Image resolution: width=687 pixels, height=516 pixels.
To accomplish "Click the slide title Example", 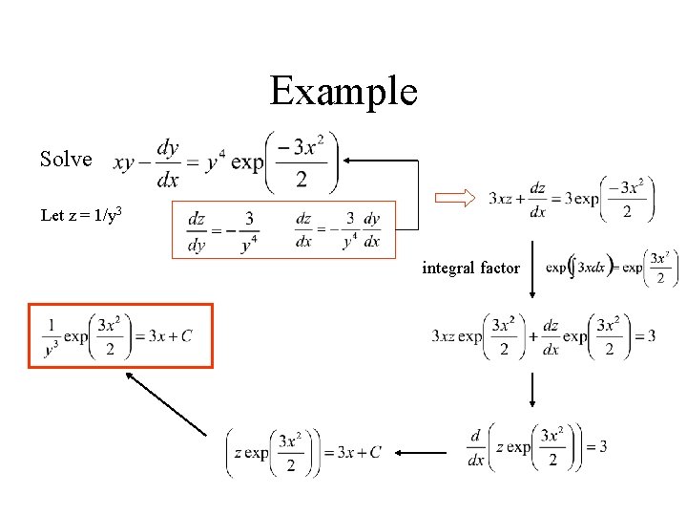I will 343,92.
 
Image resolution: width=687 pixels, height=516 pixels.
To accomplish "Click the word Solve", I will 66,160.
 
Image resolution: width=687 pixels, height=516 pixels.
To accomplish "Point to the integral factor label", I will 471,268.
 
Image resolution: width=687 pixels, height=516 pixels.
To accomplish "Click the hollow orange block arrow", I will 454,198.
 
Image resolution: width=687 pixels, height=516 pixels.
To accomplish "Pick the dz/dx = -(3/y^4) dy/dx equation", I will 338,230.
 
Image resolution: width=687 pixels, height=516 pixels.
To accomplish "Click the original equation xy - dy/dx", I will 224,162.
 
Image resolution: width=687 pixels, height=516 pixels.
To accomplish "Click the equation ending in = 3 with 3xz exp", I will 543,336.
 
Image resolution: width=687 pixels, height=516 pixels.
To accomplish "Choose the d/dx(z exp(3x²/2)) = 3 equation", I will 538,447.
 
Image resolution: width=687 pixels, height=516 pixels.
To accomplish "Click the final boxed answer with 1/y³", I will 119,335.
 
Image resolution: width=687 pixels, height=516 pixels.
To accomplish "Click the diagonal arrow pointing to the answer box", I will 166,403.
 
